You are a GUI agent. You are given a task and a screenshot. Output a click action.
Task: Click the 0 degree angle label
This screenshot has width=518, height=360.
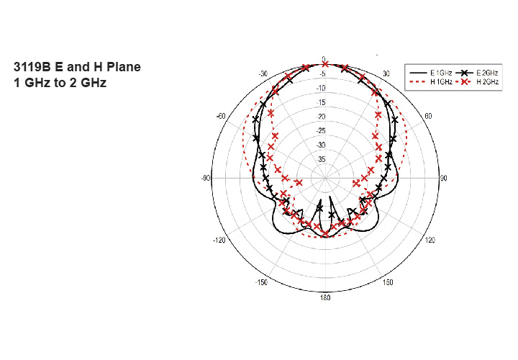[x=324, y=59]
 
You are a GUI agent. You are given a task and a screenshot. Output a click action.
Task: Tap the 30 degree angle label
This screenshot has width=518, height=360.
[x=386, y=73]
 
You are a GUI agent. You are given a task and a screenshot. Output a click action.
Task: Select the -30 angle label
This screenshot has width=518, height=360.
[x=263, y=73]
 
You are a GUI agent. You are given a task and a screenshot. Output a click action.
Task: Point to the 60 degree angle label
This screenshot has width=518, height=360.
[x=428, y=116]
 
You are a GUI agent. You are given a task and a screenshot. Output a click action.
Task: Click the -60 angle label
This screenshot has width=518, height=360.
[x=221, y=116]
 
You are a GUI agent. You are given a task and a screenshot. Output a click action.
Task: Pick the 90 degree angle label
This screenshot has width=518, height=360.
[x=444, y=178]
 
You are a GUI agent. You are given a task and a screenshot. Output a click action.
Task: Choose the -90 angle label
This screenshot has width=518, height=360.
[x=206, y=178]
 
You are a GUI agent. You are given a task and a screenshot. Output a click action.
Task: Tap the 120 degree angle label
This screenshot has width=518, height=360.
[x=430, y=240]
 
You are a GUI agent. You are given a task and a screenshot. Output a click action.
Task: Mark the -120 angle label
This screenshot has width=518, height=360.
[x=219, y=240]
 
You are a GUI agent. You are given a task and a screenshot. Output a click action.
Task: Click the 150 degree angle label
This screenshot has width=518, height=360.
[x=388, y=282]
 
